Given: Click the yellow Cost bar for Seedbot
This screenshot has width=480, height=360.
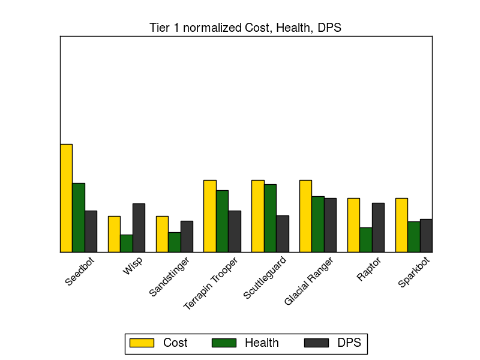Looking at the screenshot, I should point(66,198).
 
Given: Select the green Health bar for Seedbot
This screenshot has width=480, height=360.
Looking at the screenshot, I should point(79,217).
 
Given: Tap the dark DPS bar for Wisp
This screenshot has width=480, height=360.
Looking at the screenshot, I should point(139,227).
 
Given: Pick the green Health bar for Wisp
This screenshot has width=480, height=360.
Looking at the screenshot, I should point(126,243).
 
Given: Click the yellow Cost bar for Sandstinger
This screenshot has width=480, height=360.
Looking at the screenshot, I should point(162,234).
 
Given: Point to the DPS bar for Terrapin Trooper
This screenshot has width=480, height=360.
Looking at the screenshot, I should point(234,231).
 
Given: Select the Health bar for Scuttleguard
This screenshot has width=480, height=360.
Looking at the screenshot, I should point(270,218).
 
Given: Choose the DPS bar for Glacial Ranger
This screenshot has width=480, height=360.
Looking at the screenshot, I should point(330,225).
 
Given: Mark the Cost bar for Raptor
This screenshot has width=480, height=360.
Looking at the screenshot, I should point(353,225).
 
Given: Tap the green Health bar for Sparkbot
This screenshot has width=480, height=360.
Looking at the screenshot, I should point(413,236).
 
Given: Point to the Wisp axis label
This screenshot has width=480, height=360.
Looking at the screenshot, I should point(133,266).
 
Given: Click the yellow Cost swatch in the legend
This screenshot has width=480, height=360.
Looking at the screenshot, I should point(142,343).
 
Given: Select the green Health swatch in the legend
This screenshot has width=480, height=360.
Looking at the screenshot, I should point(223,343).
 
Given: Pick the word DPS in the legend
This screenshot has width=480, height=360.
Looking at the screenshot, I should point(349,343).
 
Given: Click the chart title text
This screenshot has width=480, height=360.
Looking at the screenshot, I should point(245,28).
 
